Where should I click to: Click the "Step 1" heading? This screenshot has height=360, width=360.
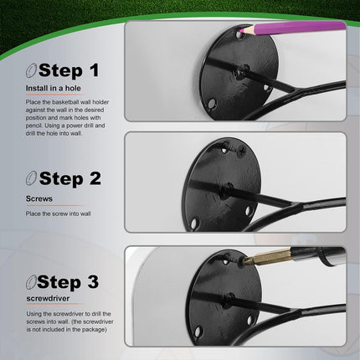(69, 70)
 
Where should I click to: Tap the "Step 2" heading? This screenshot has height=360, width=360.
(70, 178)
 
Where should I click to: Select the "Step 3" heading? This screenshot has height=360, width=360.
(68, 282)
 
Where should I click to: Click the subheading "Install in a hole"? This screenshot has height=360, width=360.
(54, 89)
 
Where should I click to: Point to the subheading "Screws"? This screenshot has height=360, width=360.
(39, 198)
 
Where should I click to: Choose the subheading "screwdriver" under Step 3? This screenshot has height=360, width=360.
(48, 298)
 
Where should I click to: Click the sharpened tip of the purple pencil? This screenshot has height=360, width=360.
(240, 33)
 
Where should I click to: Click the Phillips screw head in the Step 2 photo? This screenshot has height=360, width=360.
(242, 152)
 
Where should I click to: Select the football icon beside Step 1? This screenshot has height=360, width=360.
(31, 70)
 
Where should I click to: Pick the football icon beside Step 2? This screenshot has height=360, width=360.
(31, 178)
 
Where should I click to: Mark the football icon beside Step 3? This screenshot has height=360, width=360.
(31, 282)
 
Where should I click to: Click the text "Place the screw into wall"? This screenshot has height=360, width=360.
(59, 213)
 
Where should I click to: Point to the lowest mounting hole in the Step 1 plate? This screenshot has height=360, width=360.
(212, 104)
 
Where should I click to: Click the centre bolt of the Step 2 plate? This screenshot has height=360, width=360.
(226, 189)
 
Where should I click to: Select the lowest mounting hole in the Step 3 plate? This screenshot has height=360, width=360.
(198, 332)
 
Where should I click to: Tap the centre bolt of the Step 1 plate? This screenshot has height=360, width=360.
(241, 72)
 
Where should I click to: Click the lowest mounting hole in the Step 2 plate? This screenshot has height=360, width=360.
(194, 224)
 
